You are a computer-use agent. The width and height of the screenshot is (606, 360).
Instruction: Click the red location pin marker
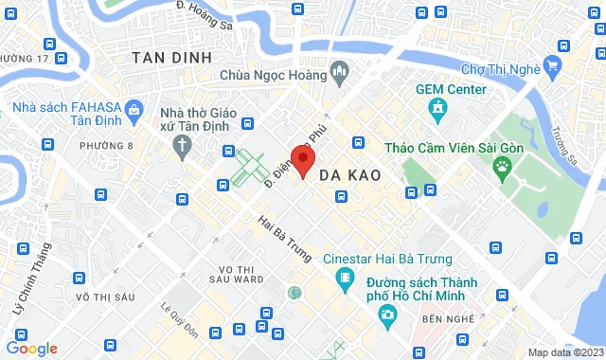(302, 160)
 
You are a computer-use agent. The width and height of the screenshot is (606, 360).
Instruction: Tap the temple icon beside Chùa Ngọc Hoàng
(340, 72)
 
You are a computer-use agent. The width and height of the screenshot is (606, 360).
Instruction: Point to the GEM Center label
(451, 89)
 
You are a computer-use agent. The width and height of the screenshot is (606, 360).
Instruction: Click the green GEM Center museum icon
(438, 112)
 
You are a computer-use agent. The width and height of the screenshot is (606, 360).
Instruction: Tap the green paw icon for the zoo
(502, 169)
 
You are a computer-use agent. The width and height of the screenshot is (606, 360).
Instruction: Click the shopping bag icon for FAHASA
(134, 111)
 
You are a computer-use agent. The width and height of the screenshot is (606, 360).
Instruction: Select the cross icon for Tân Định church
(181, 145)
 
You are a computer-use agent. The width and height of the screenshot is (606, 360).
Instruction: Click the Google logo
(32, 349)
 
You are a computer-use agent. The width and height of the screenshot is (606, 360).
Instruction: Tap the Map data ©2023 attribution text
(563, 352)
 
